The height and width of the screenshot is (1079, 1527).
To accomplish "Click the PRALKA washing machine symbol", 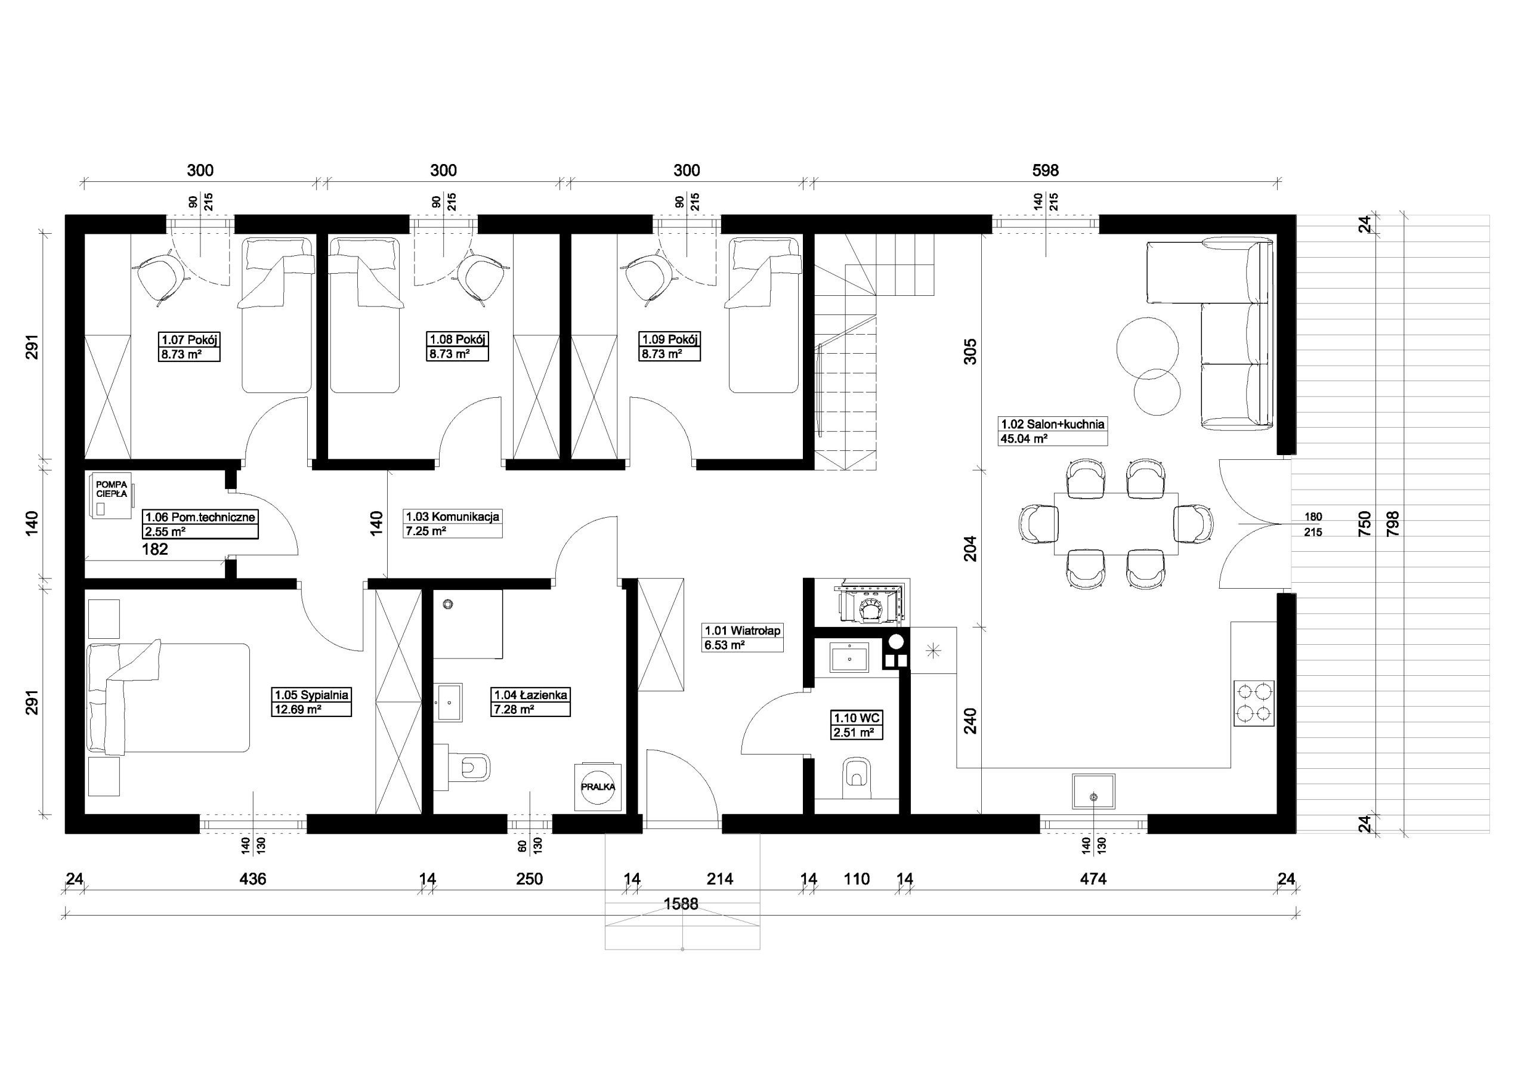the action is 598,786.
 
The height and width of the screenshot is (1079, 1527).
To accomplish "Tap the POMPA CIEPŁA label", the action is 111,489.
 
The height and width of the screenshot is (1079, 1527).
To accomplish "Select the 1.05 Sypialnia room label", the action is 312,695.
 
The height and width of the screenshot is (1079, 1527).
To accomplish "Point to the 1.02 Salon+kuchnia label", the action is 1053,423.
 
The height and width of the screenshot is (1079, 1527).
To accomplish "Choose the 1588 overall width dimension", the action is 681,904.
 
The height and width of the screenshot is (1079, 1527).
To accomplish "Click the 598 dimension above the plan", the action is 1045,171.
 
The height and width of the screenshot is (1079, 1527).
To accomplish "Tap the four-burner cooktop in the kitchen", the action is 1254,703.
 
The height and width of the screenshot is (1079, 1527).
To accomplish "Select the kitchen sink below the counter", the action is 1093,791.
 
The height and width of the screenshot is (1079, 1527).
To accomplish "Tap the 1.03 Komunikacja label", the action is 452,516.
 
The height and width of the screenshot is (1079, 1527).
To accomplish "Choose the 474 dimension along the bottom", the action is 1093,879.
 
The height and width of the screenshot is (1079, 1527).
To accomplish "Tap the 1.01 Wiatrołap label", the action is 742,630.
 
